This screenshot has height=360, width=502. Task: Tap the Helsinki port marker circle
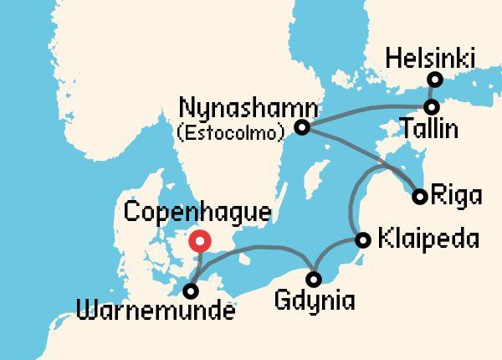434,80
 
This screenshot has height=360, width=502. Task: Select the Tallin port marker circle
431,107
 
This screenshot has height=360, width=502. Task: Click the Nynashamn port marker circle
303,128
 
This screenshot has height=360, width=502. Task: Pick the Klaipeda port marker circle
362,240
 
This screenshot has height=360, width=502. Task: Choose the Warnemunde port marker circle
192,291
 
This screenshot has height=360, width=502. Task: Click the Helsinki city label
431,59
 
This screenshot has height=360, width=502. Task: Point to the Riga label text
457,198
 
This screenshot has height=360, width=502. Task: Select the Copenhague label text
197,211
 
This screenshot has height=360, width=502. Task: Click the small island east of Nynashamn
315,180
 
